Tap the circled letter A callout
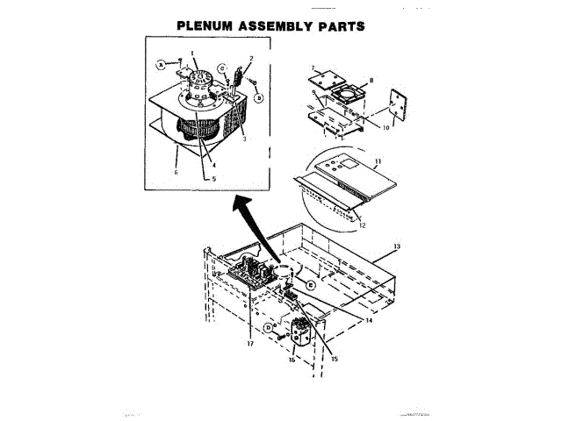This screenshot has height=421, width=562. [162, 64]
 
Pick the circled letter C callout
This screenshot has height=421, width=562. [222, 68]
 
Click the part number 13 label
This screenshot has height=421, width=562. [396, 247]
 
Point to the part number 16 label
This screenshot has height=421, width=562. [292, 359]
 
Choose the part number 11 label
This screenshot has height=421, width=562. [378, 163]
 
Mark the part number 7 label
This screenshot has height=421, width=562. [311, 66]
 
